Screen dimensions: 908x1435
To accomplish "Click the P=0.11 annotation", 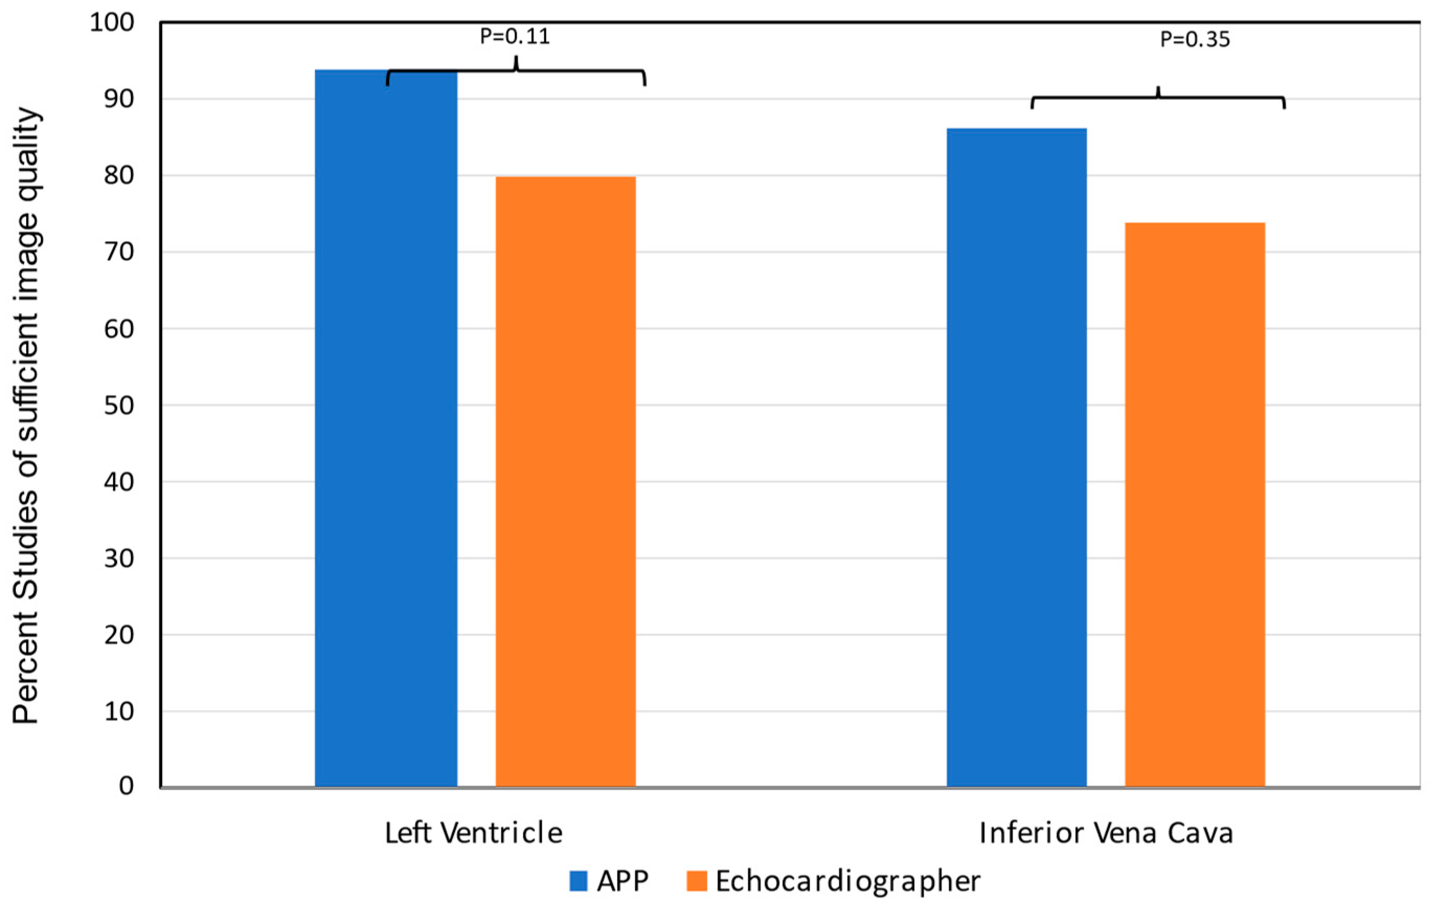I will click(x=515, y=37).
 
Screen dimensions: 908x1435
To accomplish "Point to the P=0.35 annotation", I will click(x=1195, y=40).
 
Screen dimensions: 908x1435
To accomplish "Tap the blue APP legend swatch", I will click(x=578, y=881).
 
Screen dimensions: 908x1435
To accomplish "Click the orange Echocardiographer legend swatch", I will click(x=697, y=881).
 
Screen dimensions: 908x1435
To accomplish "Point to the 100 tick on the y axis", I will click(x=112, y=22).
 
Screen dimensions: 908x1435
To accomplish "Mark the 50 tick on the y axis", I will click(x=119, y=405).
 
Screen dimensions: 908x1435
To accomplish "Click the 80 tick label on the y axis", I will click(x=119, y=175).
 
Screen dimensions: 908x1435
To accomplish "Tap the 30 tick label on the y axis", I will click(x=119, y=559).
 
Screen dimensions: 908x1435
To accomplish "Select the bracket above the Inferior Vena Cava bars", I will click(x=1158, y=98).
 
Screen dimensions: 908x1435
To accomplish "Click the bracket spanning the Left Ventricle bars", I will click(x=516, y=72).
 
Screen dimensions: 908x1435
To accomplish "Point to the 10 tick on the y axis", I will click(x=119, y=711).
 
